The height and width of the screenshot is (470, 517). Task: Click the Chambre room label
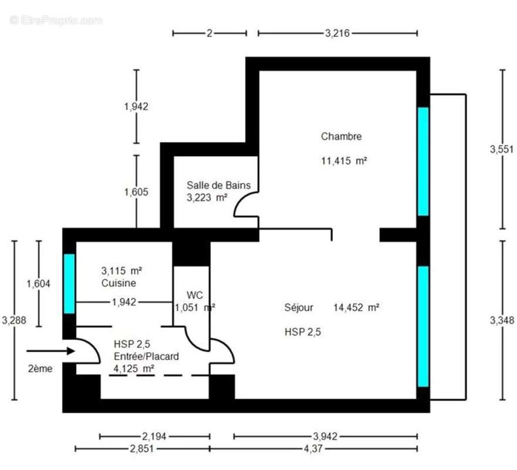341,137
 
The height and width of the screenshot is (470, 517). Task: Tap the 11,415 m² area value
344,160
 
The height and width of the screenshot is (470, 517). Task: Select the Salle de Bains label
218,185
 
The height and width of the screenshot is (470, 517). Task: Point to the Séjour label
299,307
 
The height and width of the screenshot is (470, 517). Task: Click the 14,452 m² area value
356,307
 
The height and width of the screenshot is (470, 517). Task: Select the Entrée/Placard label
147,357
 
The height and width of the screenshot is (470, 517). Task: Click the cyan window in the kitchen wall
69,283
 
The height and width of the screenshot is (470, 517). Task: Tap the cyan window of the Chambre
423,162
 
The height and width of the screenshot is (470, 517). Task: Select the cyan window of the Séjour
423,326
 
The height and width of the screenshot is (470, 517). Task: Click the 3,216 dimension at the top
337,33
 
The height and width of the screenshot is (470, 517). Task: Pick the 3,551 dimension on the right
502,149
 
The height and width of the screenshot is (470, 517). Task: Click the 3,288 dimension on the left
13,320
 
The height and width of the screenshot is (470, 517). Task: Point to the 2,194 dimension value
154,437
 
